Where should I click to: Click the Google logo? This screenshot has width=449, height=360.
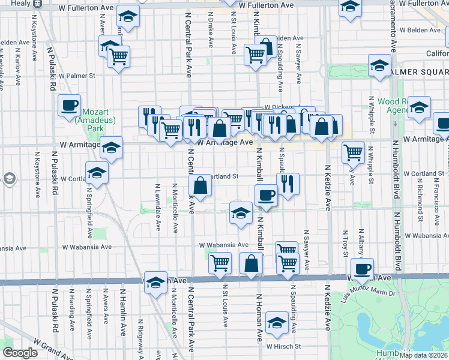tap(20, 353)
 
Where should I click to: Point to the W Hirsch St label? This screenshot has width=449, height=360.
tap(284, 346)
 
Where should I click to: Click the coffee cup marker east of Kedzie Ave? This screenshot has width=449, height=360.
tap(362, 269)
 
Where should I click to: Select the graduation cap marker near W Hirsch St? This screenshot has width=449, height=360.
tap(277, 323)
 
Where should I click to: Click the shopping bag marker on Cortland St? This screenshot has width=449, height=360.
tap(200, 185)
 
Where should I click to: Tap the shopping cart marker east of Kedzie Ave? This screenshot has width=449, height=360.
tap(354, 152)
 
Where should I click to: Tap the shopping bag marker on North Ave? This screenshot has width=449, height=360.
tap(251, 263)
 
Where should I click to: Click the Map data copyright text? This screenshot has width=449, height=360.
tap(424, 355)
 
